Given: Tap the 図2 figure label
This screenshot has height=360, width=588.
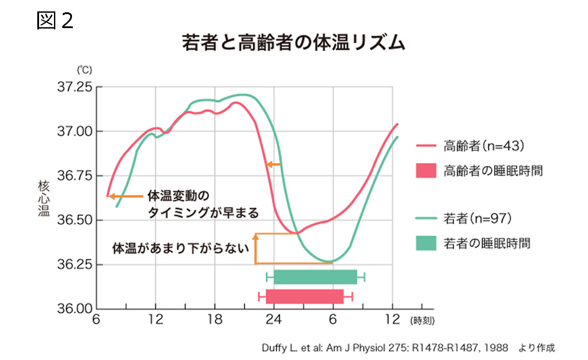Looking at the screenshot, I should pos(55,20).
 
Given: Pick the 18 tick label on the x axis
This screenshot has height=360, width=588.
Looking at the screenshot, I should pos(215,320).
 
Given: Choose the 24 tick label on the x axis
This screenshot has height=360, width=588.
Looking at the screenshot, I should pos(274,320).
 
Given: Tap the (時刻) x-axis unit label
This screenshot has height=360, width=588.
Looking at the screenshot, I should pos(422,321).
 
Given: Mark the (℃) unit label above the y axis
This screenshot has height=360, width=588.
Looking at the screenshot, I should pos(85,70).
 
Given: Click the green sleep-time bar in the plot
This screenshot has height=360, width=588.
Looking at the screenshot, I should pos(315,277).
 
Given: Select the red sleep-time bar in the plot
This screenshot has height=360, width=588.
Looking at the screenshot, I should pos(305,296).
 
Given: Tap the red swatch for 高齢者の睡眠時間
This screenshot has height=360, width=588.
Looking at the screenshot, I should pos(426,170).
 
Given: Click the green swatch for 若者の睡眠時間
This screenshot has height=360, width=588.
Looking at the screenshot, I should pos(426,243).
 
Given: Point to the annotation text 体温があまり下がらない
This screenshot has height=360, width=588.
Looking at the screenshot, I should pos(181,248).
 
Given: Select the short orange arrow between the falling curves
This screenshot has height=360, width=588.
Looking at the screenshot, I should pos(273,165).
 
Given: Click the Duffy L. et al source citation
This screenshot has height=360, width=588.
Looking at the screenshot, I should pos(408,348).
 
